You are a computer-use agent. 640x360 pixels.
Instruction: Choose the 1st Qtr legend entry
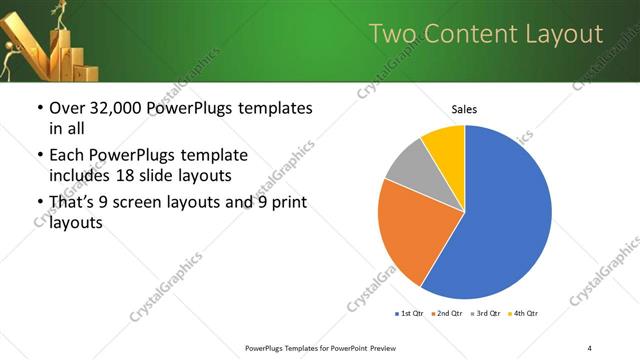(x=409, y=314)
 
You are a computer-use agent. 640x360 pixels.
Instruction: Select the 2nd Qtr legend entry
(x=447, y=314)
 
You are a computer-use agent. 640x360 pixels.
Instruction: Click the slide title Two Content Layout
(x=486, y=35)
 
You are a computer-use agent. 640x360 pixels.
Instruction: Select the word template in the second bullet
(x=211, y=155)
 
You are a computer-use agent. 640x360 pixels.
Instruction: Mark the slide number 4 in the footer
(x=589, y=347)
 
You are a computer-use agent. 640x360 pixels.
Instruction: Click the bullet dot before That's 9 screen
(x=38, y=203)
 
